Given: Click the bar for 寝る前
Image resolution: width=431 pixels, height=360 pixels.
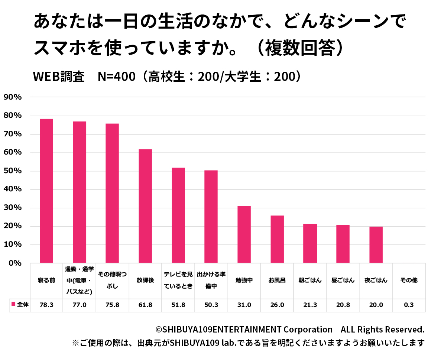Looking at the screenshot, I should [x=46, y=191].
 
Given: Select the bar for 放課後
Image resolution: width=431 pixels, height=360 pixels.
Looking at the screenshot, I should [x=145, y=206].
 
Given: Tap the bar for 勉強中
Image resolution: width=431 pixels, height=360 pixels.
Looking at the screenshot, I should [x=244, y=234].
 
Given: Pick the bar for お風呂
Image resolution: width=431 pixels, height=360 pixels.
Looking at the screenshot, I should [x=277, y=239].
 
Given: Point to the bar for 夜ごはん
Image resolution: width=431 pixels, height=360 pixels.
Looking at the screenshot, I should [x=376, y=245].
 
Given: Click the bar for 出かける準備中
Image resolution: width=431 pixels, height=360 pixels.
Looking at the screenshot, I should [x=211, y=217].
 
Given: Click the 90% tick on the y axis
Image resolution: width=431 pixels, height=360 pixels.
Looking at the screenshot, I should [x=13, y=97].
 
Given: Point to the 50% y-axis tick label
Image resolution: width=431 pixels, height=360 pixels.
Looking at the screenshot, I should [x=13, y=171].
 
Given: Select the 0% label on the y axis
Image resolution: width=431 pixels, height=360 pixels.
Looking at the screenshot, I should [x=15, y=263].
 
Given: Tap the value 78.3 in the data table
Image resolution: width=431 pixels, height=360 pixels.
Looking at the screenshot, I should [x=46, y=305].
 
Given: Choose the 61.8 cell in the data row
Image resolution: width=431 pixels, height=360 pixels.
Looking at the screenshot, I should [x=145, y=305].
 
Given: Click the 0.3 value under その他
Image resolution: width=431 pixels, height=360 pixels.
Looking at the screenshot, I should [x=409, y=305].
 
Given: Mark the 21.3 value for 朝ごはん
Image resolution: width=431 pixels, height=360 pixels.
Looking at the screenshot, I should [x=310, y=305].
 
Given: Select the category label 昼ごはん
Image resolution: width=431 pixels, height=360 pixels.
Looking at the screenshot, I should [x=343, y=280].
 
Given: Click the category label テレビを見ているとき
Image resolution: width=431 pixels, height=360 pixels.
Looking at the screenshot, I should [x=178, y=280].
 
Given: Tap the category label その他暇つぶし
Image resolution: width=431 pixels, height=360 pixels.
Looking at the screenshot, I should [x=112, y=280].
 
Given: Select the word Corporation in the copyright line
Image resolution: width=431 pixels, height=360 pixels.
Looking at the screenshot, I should [x=308, y=330].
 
